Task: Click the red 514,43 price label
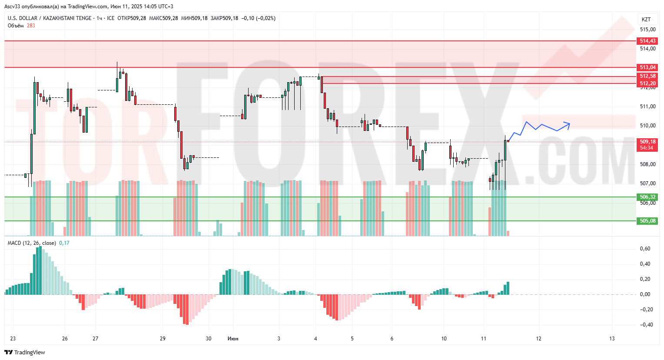[x=647, y=41]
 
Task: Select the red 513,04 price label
[x=647, y=67]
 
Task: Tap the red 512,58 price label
[x=647, y=76]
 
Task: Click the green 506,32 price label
[x=647, y=197]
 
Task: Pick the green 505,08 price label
[x=647, y=221]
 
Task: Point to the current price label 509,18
[x=647, y=142]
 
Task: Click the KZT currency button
[x=646, y=19]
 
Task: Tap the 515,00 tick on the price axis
[x=647, y=30]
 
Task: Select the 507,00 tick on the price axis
[x=647, y=183]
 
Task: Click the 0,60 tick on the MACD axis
[x=645, y=249]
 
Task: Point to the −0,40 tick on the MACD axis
[x=645, y=325]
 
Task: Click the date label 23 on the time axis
[x=13, y=339]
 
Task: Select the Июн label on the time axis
[x=233, y=339]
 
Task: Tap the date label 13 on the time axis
[x=612, y=339]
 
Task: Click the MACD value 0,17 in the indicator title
[x=64, y=243]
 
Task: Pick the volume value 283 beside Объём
[x=31, y=26]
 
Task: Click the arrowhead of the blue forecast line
[x=568, y=123]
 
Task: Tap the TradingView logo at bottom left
[x=25, y=352]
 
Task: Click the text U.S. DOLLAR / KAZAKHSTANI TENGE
[x=50, y=18]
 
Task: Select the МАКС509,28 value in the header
[x=163, y=18]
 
